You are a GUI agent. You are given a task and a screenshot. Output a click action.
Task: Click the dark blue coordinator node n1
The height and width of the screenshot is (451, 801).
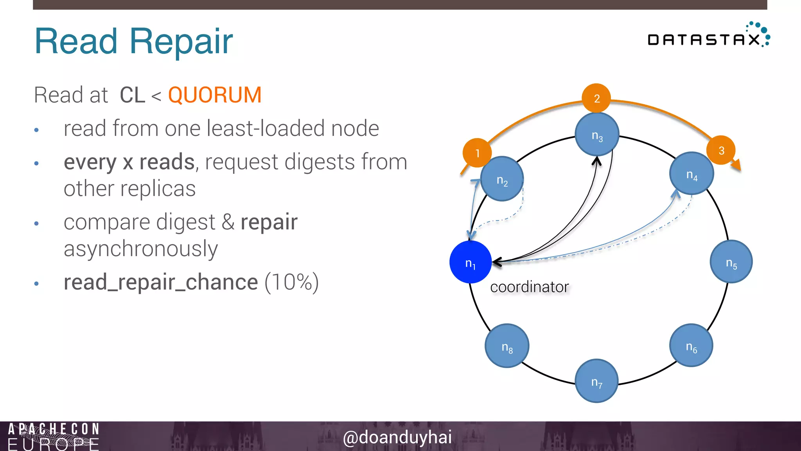(471, 262)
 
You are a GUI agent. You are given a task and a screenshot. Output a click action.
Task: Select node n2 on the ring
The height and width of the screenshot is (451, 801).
(502, 179)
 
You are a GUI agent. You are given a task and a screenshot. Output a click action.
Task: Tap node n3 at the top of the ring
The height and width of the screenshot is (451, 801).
(597, 134)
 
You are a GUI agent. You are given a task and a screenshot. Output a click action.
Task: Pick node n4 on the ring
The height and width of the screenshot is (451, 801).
(691, 173)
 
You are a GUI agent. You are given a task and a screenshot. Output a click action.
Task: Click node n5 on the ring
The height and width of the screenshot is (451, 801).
(731, 262)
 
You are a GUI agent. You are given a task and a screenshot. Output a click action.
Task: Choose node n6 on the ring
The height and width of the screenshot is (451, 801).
(691, 345)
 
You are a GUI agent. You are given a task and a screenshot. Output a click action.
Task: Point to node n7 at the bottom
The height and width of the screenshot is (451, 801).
(596, 381)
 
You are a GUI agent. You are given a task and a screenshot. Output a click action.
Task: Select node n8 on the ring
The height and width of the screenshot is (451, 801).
(507, 346)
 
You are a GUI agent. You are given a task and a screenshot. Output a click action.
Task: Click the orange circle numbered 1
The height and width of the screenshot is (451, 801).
(477, 153)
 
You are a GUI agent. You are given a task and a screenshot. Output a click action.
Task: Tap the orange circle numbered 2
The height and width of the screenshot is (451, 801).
(596, 98)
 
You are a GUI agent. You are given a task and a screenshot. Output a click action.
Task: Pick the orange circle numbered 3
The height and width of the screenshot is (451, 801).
(721, 150)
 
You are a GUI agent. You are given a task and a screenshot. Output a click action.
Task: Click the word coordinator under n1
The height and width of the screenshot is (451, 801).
(529, 287)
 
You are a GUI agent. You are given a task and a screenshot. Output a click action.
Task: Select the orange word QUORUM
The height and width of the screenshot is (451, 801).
(215, 95)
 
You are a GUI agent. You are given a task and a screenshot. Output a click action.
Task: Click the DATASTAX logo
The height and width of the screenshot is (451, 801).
(708, 37)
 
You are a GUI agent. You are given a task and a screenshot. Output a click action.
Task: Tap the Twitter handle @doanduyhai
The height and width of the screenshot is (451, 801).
(397, 437)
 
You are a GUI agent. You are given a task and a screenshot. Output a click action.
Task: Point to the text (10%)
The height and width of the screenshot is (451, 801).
(292, 282)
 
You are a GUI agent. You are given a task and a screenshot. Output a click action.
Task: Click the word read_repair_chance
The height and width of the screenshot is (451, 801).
(161, 282)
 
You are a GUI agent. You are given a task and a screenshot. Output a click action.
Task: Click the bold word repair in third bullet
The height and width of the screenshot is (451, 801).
(269, 222)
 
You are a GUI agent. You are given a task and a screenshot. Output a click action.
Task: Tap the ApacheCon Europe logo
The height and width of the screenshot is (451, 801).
(53, 436)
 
